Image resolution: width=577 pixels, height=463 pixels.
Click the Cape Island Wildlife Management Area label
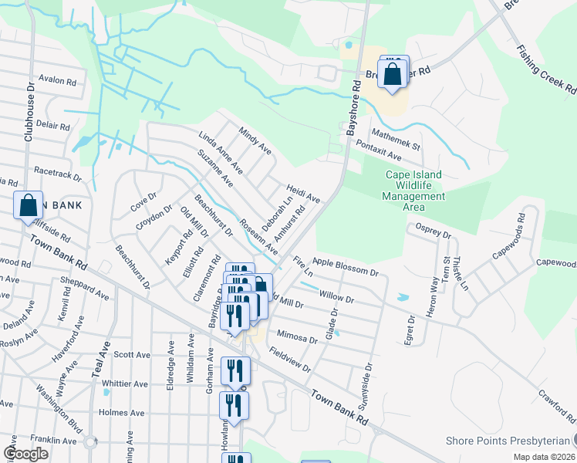coord(413,191)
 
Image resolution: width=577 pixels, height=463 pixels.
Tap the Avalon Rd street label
coord(58,81)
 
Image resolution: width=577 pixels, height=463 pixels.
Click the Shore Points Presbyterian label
coord(507,441)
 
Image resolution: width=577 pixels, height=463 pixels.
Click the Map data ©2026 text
coord(542,457)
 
